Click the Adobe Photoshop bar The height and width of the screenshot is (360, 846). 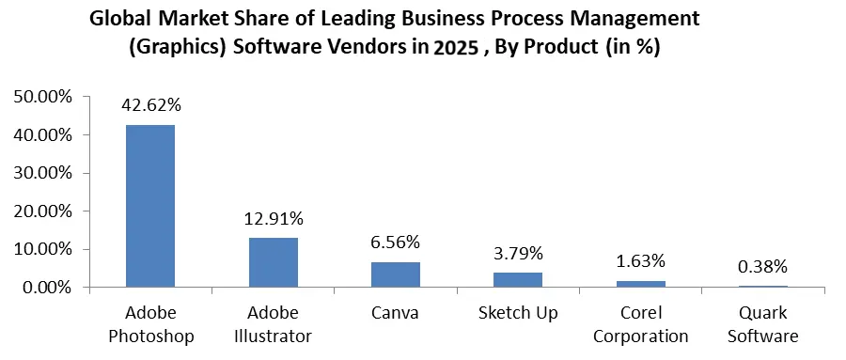point(150,206)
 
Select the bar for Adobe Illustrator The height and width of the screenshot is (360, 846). point(274,262)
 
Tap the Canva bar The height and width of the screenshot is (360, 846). point(396,274)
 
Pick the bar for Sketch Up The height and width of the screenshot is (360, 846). point(518,280)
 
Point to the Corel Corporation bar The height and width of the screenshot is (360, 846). point(641,284)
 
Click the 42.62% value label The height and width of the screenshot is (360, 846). point(150,105)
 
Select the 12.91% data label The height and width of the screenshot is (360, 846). point(274,219)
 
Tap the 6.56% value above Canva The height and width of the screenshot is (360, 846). point(396,243)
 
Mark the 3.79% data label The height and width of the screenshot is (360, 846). point(518,254)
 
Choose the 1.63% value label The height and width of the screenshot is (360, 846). point(641,260)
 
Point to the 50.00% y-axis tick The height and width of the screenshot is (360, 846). point(40,97)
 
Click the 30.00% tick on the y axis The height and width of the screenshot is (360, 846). point(40,173)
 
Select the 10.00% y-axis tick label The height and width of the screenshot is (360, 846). point(40,249)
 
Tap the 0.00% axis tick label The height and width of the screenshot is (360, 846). point(44,287)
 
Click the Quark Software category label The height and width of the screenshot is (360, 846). point(763,322)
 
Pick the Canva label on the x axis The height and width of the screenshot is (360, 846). point(396,312)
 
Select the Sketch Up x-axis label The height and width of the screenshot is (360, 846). point(518,312)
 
